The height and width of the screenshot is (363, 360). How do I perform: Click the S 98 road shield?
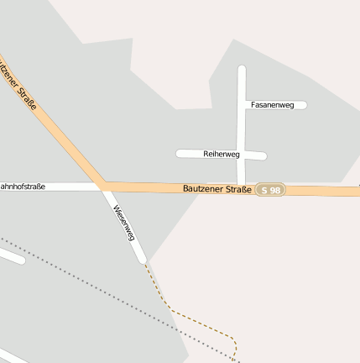click(270, 190)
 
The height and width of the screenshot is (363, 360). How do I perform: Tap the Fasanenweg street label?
click(272, 105)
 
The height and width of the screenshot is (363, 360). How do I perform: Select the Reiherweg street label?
click(222, 155)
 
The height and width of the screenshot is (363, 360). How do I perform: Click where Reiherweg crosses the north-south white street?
click(242, 155)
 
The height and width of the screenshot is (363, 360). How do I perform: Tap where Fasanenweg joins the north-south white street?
click(242, 105)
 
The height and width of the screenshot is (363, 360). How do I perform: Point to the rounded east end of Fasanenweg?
click(303, 105)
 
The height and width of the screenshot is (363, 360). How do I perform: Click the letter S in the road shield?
click(264, 190)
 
